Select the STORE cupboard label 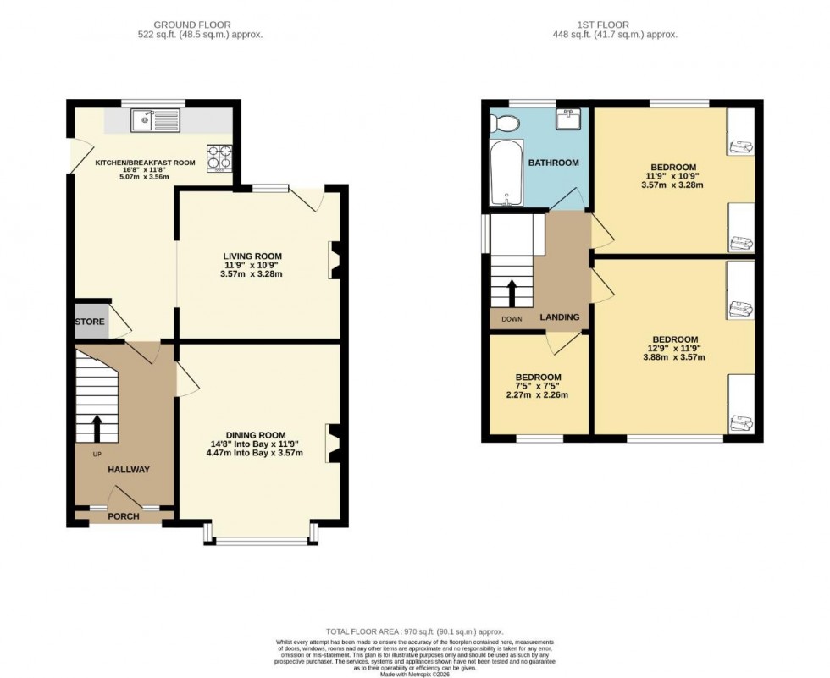pos(90,322)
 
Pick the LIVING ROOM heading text pos(252,256)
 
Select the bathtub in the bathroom pos(506,174)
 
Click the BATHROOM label pos(554,163)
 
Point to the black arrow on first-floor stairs pos(512,294)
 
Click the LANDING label pos(560,317)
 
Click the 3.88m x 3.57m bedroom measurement pos(674,356)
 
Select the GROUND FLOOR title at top pos(191,25)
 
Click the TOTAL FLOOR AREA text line pos(414,632)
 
